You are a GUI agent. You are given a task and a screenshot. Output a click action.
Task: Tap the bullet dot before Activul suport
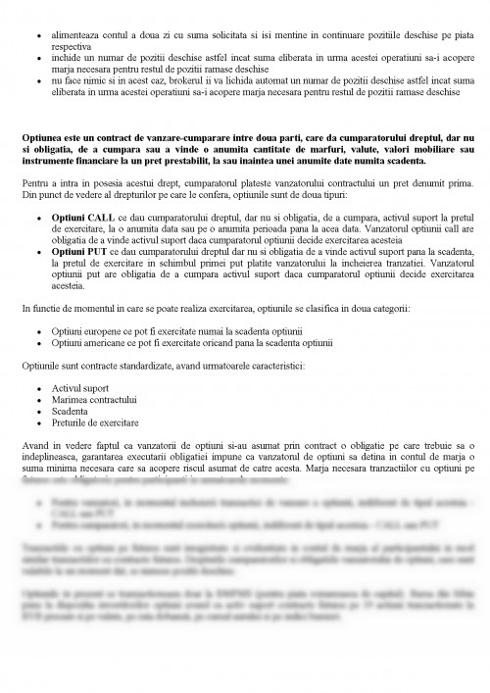38,387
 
